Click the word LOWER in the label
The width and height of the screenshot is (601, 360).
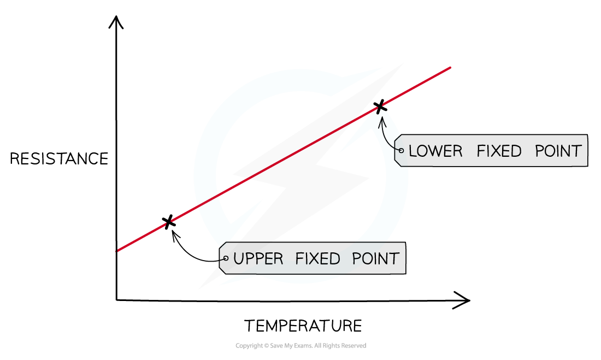(435, 151)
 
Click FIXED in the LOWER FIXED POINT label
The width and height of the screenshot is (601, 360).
(499, 151)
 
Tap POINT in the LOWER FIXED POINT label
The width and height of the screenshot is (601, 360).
(558, 151)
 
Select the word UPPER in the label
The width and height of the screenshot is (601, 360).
(258, 258)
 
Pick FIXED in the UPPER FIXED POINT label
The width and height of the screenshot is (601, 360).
(318, 258)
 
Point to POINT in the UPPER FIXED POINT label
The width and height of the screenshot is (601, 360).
(375, 258)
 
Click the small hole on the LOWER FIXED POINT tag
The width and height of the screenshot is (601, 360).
(402, 150)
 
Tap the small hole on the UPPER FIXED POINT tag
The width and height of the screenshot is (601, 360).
(226, 258)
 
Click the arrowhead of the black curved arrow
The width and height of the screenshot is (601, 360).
(381, 117)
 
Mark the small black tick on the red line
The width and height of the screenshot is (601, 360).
(379, 109)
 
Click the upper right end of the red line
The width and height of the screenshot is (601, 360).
(450, 68)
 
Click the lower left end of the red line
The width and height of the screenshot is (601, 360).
(118, 251)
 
